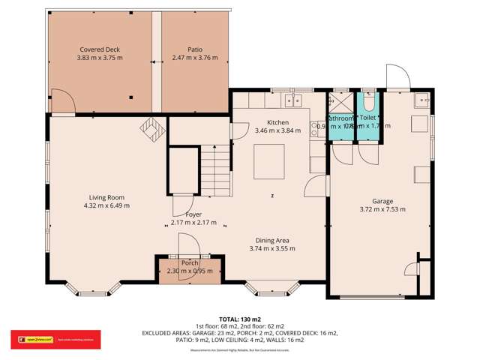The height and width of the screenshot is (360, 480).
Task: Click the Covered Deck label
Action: pyautogui.click(x=100, y=49)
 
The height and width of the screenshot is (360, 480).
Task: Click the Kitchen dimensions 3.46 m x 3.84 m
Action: pyautogui.click(x=277, y=130)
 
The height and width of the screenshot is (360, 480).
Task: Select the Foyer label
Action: pyautogui.click(x=183, y=215)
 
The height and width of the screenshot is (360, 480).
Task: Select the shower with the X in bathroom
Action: pyautogui.click(x=338, y=102)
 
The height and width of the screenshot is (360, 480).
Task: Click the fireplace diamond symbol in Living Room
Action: pyautogui.click(x=151, y=129)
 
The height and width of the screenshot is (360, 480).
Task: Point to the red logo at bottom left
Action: pyautogui.click(x=31, y=337)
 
